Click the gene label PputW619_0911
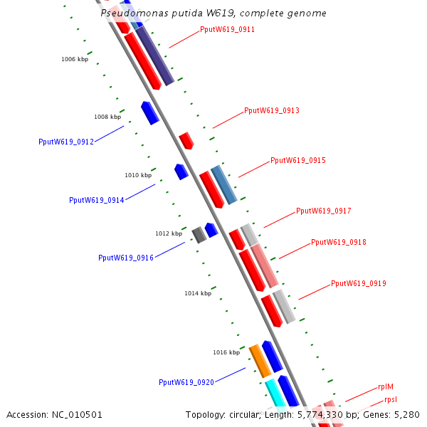point(227,30)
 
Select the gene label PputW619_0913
point(271,111)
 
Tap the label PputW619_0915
point(297,161)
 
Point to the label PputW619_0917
point(323,211)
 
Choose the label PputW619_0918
point(338,243)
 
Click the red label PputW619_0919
point(358,284)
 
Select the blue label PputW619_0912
point(66,142)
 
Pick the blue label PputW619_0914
point(96,200)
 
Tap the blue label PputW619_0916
point(126,258)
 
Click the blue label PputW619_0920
point(186,383)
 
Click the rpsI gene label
point(391,400)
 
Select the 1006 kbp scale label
point(75,59)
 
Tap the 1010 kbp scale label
point(138,175)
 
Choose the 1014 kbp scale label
point(198,293)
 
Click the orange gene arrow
point(260,361)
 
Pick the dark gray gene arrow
point(199,234)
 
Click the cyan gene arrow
point(274,394)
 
